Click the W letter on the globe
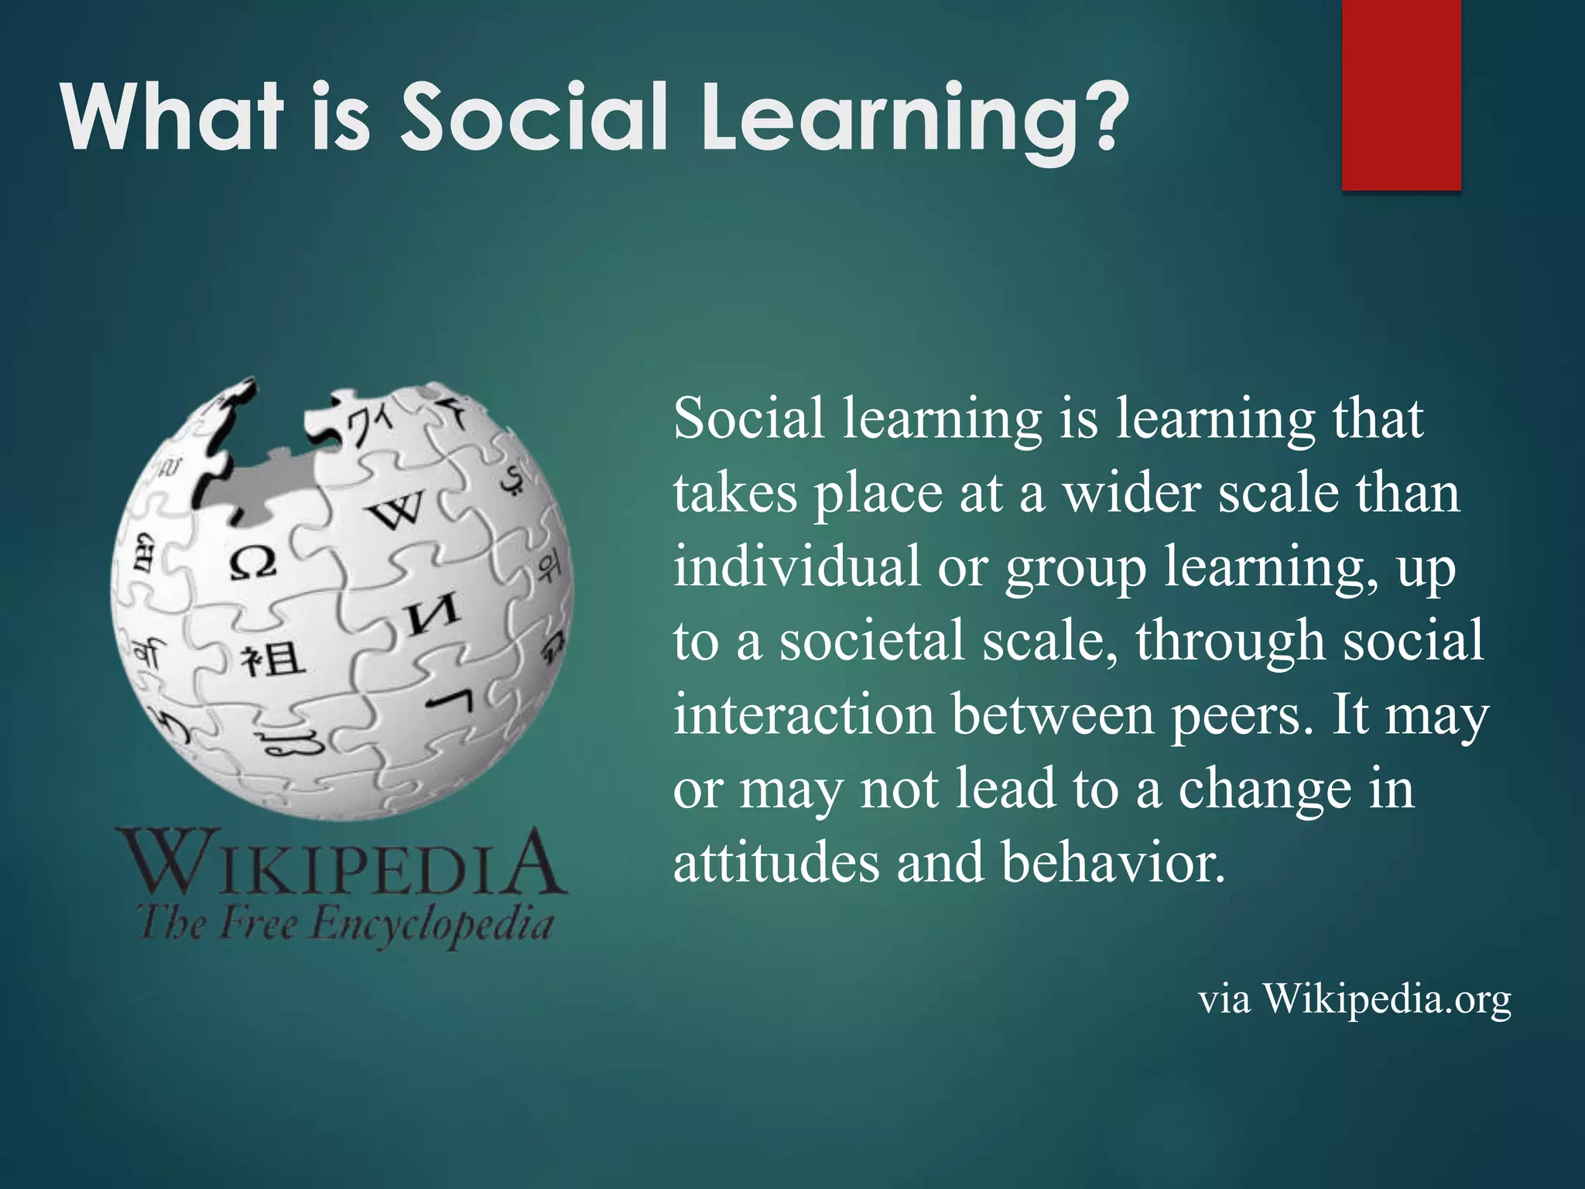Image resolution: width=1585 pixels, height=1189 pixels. tap(396, 510)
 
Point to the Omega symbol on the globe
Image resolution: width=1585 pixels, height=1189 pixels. tap(252, 563)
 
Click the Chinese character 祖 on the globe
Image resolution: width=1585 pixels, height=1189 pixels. tap(271, 660)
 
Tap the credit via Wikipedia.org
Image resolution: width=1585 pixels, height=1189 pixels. tap(1354, 999)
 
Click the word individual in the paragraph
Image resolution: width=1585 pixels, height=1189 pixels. tap(796, 566)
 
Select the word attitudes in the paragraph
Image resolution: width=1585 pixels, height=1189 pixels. tap(776, 862)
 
